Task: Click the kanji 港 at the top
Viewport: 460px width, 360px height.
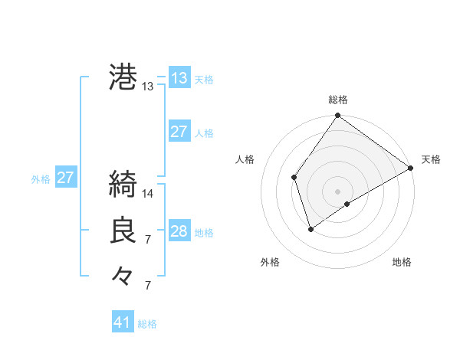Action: [x=123, y=77]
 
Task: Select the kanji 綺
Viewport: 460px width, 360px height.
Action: [x=123, y=185]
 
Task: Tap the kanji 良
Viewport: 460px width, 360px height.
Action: [x=123, y=231]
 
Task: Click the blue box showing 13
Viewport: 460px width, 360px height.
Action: [x=179, y=77]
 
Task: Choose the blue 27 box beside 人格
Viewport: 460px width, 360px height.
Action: [x=179, y=132]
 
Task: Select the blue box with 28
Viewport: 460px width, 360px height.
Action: [x=179, y=231]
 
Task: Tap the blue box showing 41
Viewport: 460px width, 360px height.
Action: [x=123, y=322]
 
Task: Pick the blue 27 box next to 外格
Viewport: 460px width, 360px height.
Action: [x=65, y=178]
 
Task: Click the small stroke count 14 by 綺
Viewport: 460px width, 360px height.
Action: [x=148, y=194]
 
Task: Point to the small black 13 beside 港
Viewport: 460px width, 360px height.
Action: [x=148, y=87]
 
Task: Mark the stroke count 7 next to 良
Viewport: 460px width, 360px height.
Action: [x=148, y=240]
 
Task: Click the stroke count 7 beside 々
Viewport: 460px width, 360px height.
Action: [x=148, y=286]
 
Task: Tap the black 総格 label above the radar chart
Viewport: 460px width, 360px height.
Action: [x=338, y=100]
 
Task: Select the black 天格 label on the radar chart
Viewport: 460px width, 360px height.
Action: [x=431, y=159]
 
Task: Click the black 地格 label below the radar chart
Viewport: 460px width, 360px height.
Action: [x=402, y=262]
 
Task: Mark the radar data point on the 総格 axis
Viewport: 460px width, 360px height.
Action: [x=338, y=116]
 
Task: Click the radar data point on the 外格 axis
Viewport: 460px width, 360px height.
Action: [x=310, y=228]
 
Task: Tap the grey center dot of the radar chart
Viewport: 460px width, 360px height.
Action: [x=338, y=191]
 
